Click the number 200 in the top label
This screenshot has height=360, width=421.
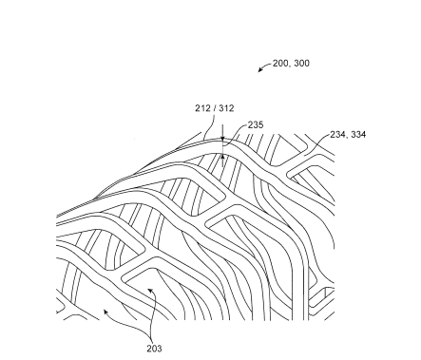[x=281, y=64]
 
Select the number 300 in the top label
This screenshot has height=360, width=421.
[x=301, y=64]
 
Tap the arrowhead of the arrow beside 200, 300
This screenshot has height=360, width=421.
[x=259, y=71]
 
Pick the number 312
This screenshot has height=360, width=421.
[x=226, y=108]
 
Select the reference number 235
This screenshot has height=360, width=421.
[x=255, y=124]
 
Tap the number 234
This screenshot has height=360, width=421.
[x=335, y=135]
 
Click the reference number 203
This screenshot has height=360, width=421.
[x=154, y=348]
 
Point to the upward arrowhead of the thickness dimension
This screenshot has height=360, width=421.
[x=221, y=156]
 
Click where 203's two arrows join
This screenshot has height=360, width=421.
[x=151, y=336]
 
